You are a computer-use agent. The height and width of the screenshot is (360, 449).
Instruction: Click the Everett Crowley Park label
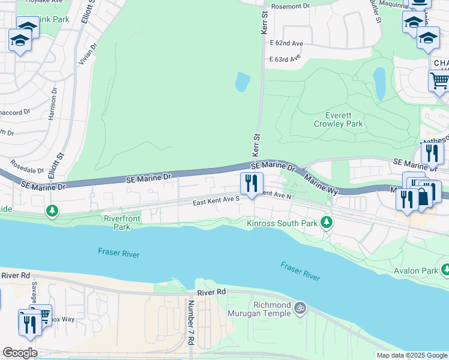coord(338,119)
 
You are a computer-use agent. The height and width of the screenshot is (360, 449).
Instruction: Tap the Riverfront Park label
coord(117,223)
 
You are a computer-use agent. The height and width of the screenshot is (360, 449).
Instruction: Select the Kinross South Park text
coord(282,224)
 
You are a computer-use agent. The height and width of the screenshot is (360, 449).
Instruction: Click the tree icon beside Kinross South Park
coord(327,223)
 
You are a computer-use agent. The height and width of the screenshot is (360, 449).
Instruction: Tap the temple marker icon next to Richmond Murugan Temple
coord(301,308)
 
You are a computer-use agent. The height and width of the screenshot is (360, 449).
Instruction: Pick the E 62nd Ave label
coord(286,44)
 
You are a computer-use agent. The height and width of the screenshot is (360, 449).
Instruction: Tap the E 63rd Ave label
coord(285,59)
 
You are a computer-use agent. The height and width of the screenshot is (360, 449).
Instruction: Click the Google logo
coord(20,352)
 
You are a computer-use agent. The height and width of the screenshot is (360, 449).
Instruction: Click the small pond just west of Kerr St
coord(243,82)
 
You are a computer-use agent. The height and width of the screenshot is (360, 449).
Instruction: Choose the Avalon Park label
coord(416,270)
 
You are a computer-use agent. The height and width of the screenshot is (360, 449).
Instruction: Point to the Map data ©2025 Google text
coord(412,355)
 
